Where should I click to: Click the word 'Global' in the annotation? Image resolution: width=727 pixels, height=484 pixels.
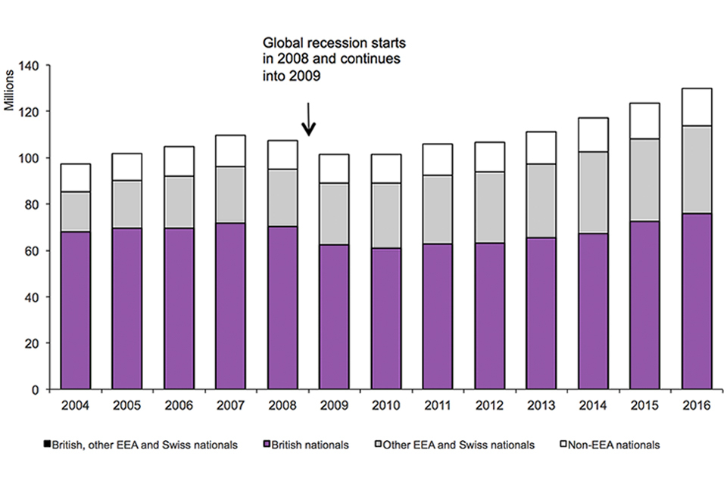click(279, 43)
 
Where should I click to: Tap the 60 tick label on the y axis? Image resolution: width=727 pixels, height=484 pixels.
click(36, 251)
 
